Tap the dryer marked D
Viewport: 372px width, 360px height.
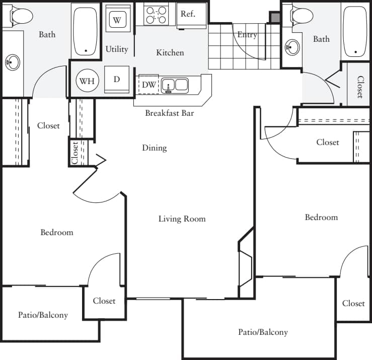coord(116,80)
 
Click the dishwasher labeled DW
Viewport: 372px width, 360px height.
coord(148,85)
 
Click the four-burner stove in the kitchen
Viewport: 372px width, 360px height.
coord(156,15)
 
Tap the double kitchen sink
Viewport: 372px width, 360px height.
coord(175,85)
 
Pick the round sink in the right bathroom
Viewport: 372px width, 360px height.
coord(291,48)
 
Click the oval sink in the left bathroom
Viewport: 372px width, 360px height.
coord(12,63)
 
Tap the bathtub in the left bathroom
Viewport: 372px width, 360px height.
coord(87,30)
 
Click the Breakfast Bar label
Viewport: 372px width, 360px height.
coord(170,113)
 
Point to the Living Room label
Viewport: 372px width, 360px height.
coord(182,219)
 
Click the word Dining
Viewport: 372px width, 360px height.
coord(154,148)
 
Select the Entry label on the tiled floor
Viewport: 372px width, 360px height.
coord(247,35)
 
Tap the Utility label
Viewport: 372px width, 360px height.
coord(117,49)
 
